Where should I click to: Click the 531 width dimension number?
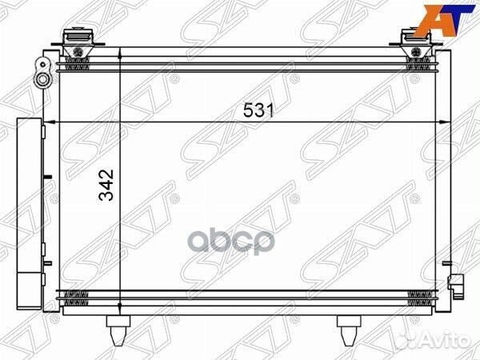coord(258,112)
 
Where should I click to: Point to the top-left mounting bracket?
coord(77,40)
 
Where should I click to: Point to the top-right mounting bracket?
coord(416,40)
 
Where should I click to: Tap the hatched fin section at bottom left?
coord(77,298)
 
